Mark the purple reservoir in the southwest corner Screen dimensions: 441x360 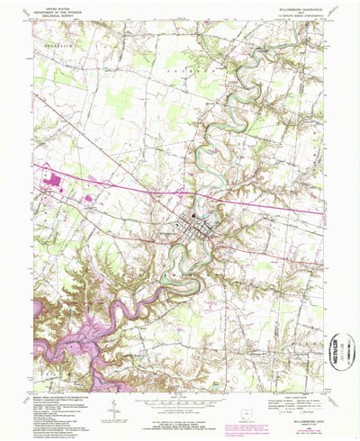(63, 337)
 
